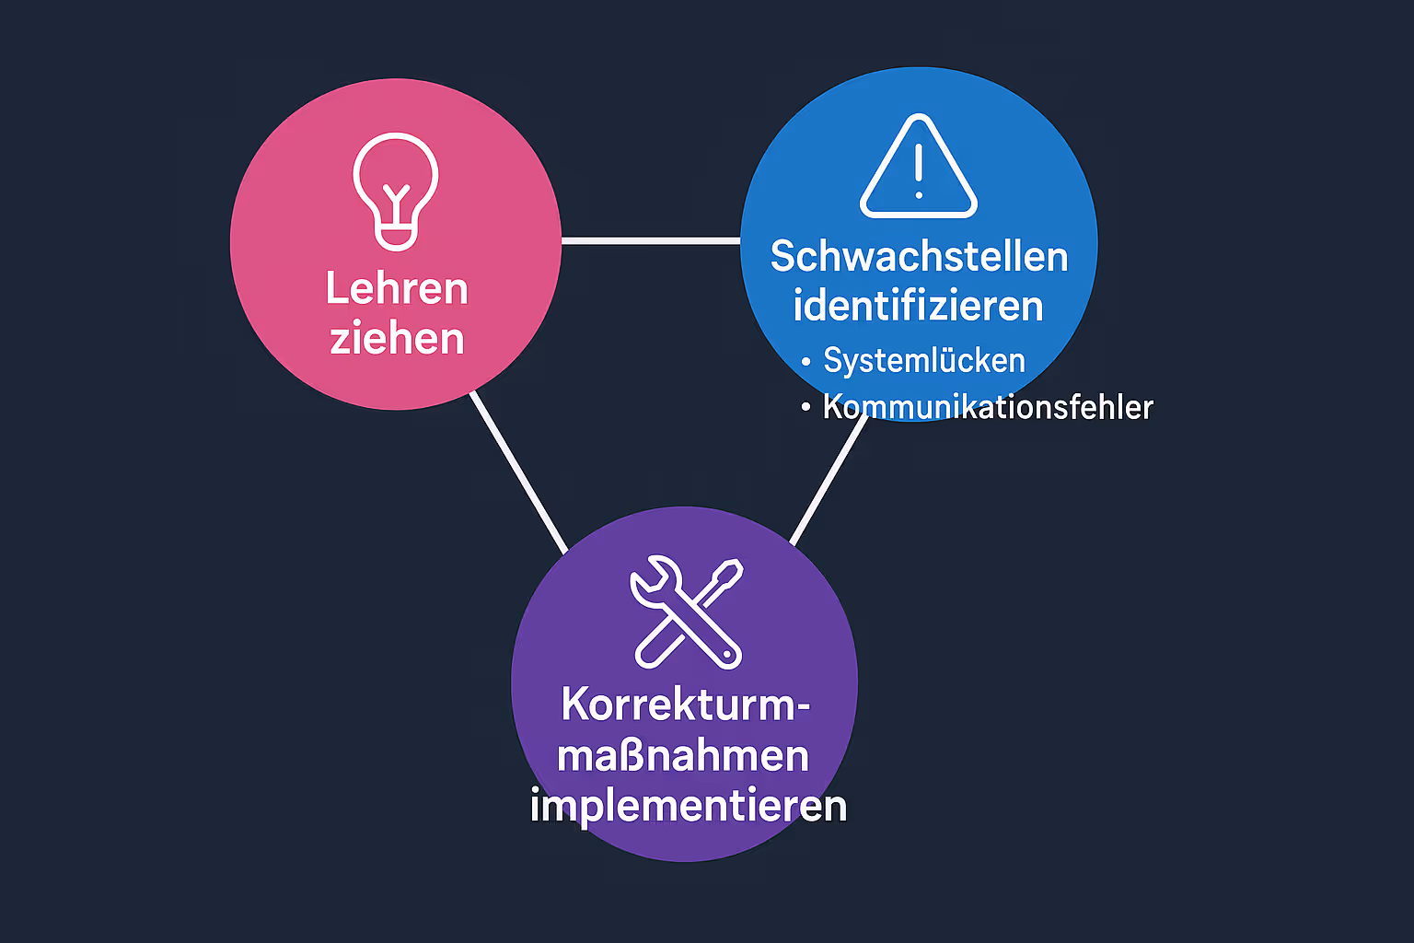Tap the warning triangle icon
click(x=918, y=168)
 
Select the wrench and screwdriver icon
click(x=687, y=611)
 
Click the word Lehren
click(x=397, y=289)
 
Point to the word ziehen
click(x=397, y=339)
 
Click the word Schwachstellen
click(x=919, y=257)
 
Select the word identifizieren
click(x=918, y=306)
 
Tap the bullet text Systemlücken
click(x=924, y=361)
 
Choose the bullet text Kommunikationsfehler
click(x=988, y=407)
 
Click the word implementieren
click(x=688, y=806)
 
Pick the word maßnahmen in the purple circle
click(x=683, y=756)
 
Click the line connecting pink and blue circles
click(x=651, y=241)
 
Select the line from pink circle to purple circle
click(x=518, y=472)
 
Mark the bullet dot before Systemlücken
click(x=806, y=362)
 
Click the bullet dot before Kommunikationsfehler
click(x=806, y=407)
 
